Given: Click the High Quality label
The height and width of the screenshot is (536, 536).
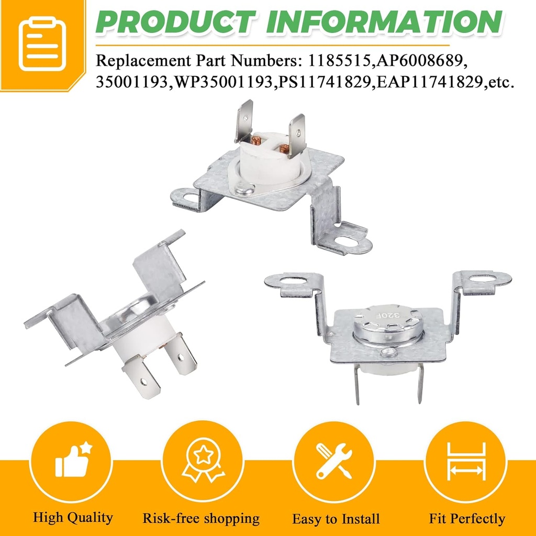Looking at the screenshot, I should tap(73, 518).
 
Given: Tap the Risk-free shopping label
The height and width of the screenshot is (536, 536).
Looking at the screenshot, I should tap(201, 518).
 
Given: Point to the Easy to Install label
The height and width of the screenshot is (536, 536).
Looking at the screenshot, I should tap(336, 519).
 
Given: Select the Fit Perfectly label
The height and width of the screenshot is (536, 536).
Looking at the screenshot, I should tap(467, 518).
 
